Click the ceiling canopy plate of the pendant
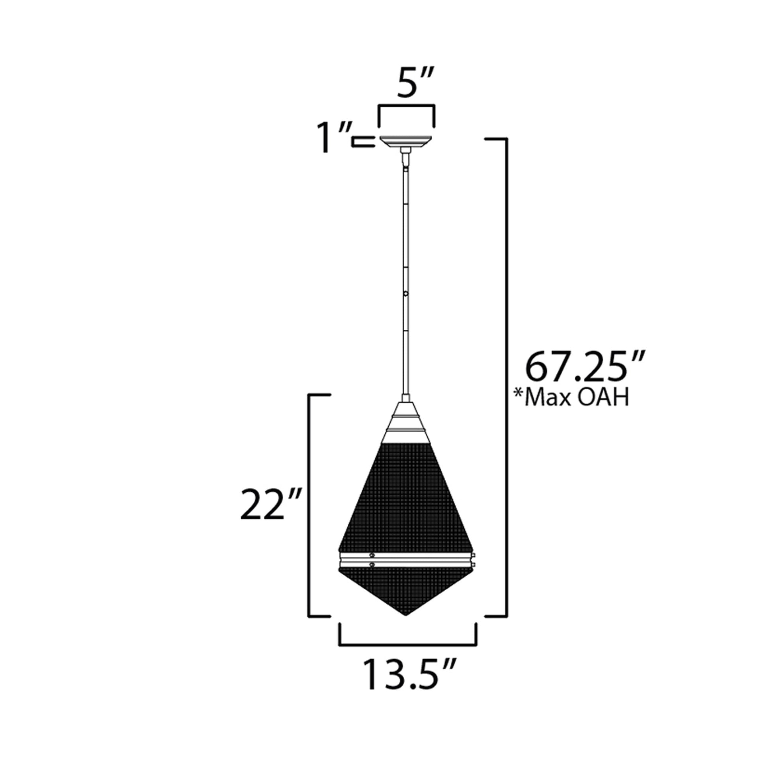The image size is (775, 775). click(405, 142)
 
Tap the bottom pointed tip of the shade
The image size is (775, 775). click(406, 626)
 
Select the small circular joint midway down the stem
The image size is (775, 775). click(406, 294)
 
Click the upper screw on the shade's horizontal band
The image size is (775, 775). click(372, 555)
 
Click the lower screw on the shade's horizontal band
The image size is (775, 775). click(372, 565)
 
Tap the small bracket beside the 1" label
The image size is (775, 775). click(363, 142)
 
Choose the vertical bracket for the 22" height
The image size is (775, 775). click(309, 509)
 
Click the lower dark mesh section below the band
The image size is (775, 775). click(406, 594)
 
